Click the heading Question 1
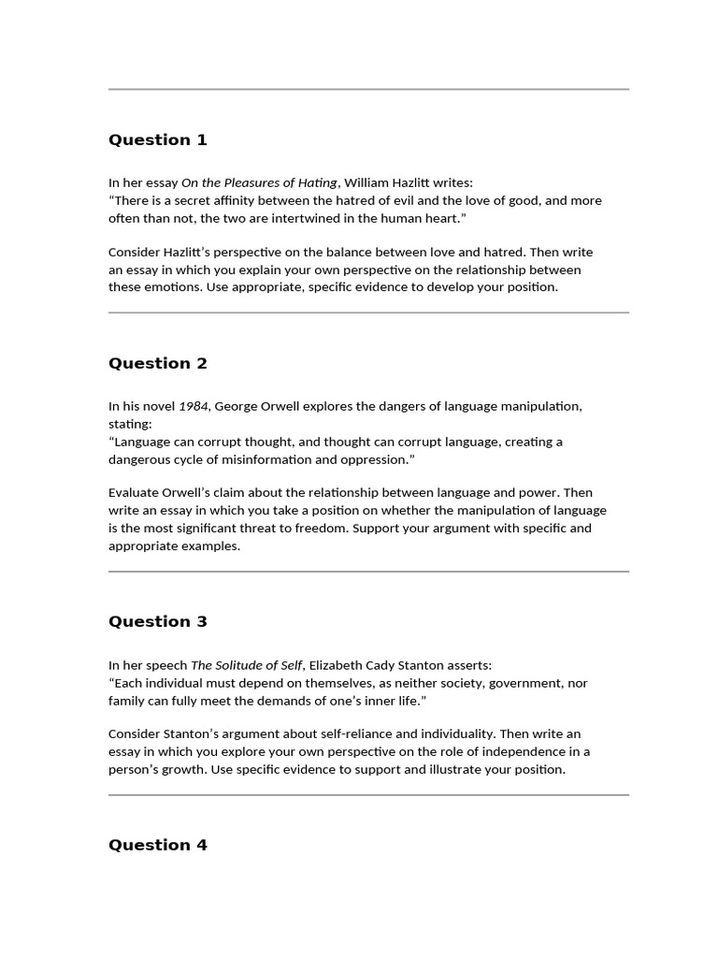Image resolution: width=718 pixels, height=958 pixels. click(157, 140)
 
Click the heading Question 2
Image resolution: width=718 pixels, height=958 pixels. click(157, 364)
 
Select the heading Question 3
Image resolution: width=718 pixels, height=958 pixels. click(157, 622)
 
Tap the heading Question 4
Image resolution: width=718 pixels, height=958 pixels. click(157, 846)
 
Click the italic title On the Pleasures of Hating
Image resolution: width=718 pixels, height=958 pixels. click(259, 183)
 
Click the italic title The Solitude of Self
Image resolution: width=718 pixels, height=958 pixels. click(247, 666)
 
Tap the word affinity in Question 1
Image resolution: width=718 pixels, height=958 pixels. click(237, 201)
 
